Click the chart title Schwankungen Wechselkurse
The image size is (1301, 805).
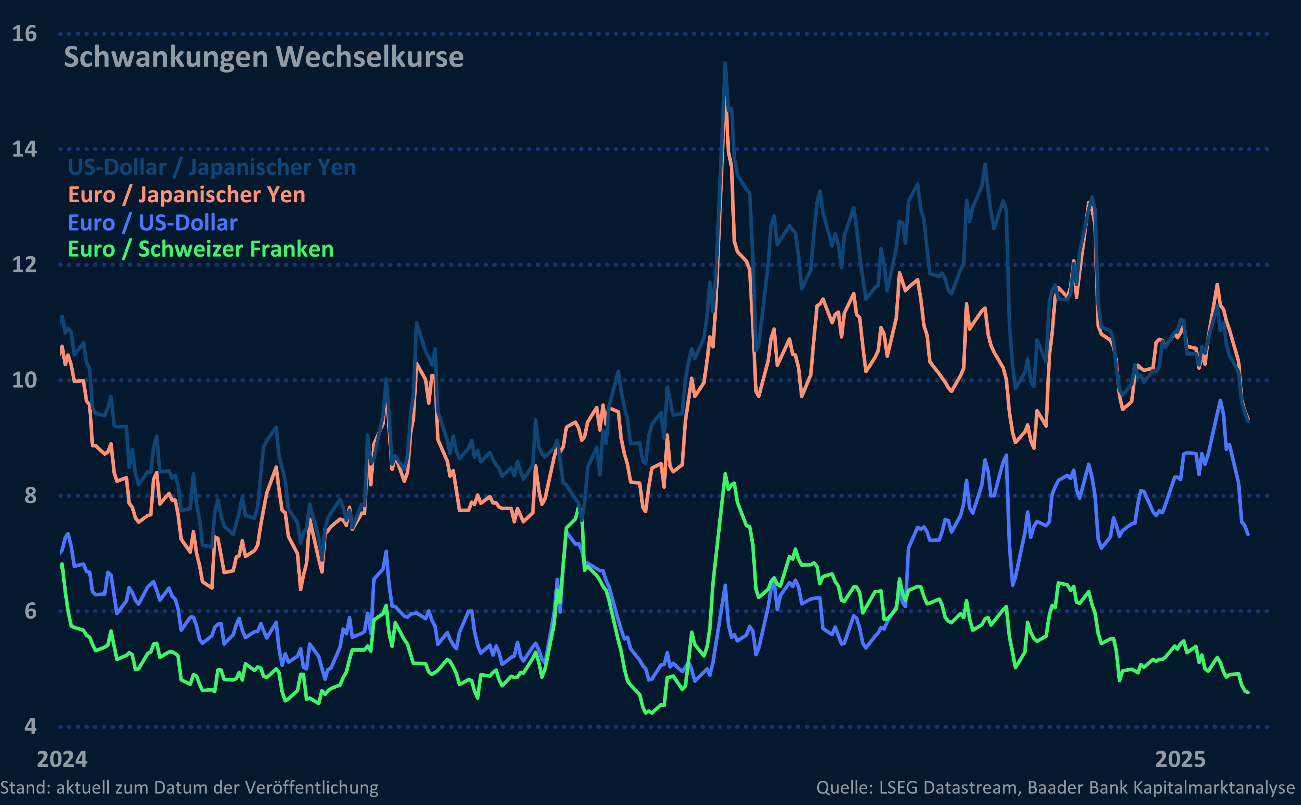[263, 57]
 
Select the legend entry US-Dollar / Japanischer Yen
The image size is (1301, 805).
[212, 168]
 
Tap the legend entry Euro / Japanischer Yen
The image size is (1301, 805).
[187, 195]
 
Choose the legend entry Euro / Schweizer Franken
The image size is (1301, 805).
[201, 250]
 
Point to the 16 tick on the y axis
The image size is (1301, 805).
[24, 34]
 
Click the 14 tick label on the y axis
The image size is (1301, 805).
[24, 149]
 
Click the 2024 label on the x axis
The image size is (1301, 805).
[62, 760]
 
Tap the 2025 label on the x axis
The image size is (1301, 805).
[1180, 760]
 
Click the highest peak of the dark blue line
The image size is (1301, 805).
[725, 64]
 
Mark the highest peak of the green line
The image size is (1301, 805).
[725, 473]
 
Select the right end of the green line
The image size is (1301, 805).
[1248, 693]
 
